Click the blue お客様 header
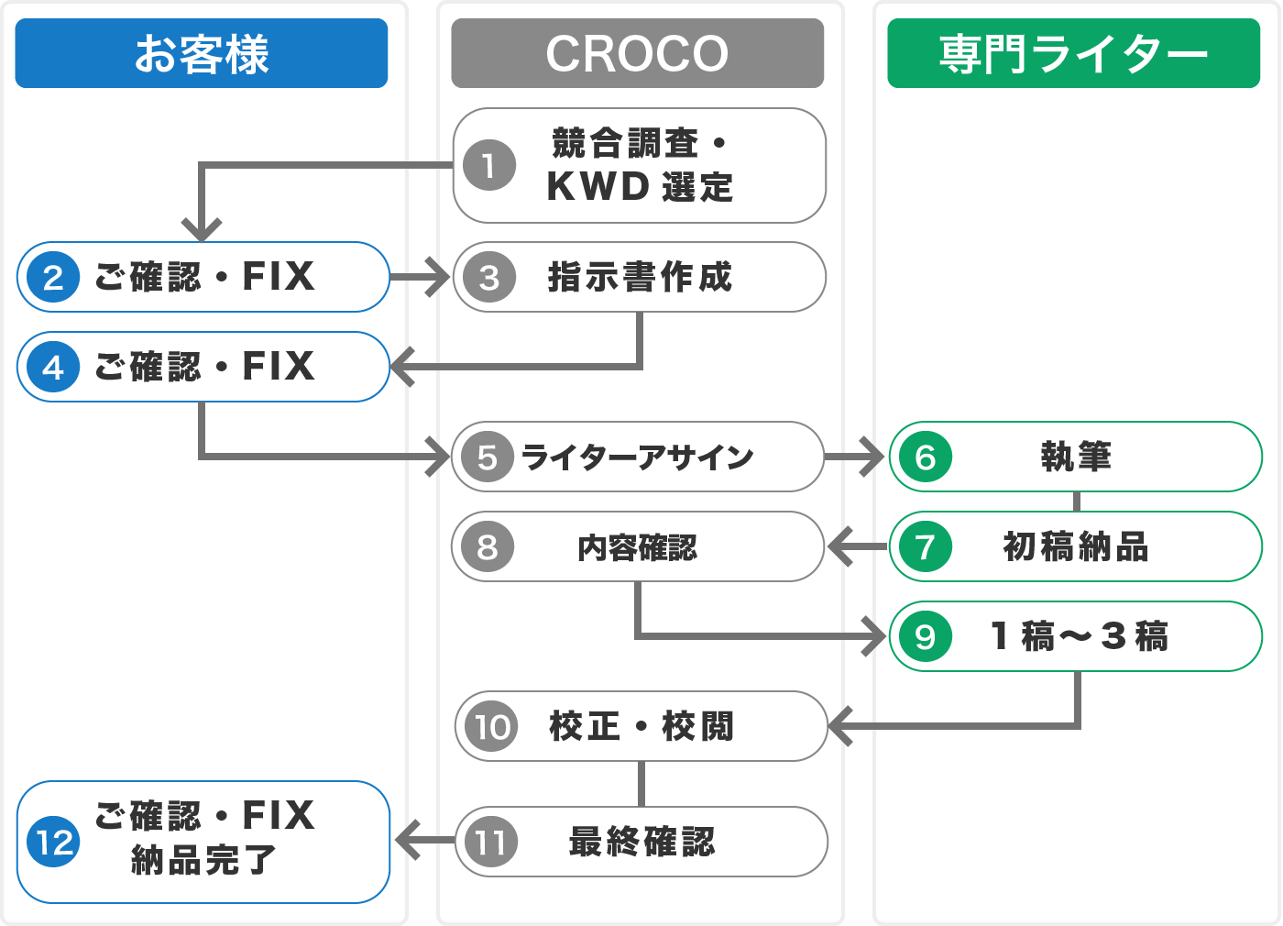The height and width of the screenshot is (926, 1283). [202, 53]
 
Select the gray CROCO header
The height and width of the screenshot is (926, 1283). [638, 53]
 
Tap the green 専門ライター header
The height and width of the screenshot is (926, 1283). [1074, 53]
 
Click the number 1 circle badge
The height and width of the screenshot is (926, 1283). [489, 165]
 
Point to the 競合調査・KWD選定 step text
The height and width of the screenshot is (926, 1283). [640, 165]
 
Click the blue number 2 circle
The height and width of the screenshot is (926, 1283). [53, 277]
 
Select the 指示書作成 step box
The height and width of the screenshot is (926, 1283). [640, 277]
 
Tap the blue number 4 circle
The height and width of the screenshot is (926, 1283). [53, 367]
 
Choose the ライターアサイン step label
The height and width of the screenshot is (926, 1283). [638, 457]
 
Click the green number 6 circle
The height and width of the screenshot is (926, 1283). [926, 457]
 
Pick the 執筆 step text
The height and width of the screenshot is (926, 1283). [1076, 457]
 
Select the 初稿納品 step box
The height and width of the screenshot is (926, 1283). [1076, 546]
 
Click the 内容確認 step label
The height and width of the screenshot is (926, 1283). [638, 547]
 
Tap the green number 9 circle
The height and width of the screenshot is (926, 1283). [926, 636]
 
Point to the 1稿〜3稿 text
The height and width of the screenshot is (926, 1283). [1080, 636]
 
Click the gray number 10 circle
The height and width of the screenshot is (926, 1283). [491, 726]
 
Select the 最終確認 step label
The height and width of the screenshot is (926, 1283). [641, 842]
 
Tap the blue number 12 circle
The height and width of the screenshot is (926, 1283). [53, 842]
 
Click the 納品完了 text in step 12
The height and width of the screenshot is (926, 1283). [203, 861]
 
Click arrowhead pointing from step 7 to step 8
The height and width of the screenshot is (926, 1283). [839, 547]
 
